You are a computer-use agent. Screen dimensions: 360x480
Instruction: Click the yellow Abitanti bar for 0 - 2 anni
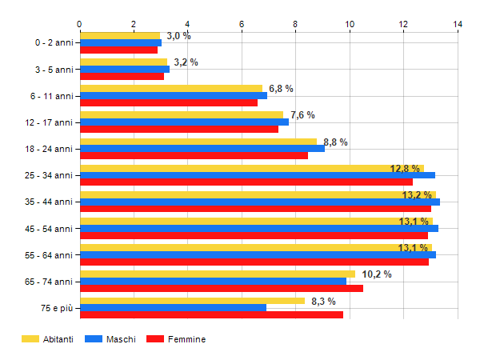click(120, 35)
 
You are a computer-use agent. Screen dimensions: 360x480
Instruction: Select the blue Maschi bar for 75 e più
click(173, 307)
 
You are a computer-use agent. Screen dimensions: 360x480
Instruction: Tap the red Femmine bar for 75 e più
click(211, 314)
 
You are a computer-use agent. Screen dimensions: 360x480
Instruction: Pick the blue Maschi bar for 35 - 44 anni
click(259, 202)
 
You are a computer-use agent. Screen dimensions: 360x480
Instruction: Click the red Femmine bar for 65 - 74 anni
click(222, 288)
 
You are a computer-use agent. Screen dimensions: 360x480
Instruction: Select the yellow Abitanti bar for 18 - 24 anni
click(198, 142)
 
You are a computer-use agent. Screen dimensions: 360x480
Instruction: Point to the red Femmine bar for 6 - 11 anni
click(169, 102)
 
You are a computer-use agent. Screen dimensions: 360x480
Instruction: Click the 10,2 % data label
click(377, 274)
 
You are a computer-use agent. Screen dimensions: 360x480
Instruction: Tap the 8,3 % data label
click(322, 301)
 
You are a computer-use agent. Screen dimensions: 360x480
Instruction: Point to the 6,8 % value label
click(281, 89)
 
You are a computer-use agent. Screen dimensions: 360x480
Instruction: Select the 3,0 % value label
click(178, 36)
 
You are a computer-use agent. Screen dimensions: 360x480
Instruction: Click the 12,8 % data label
click(405, 169)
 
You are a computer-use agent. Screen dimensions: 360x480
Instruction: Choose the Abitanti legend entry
click(48, 339)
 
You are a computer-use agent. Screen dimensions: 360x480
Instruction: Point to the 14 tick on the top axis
click(458, 24)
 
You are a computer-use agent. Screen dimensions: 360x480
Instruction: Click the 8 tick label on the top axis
click(296, 24)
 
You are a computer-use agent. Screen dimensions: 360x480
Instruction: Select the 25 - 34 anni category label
click(50, 175)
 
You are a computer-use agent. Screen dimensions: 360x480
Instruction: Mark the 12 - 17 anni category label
click(50, 122)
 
